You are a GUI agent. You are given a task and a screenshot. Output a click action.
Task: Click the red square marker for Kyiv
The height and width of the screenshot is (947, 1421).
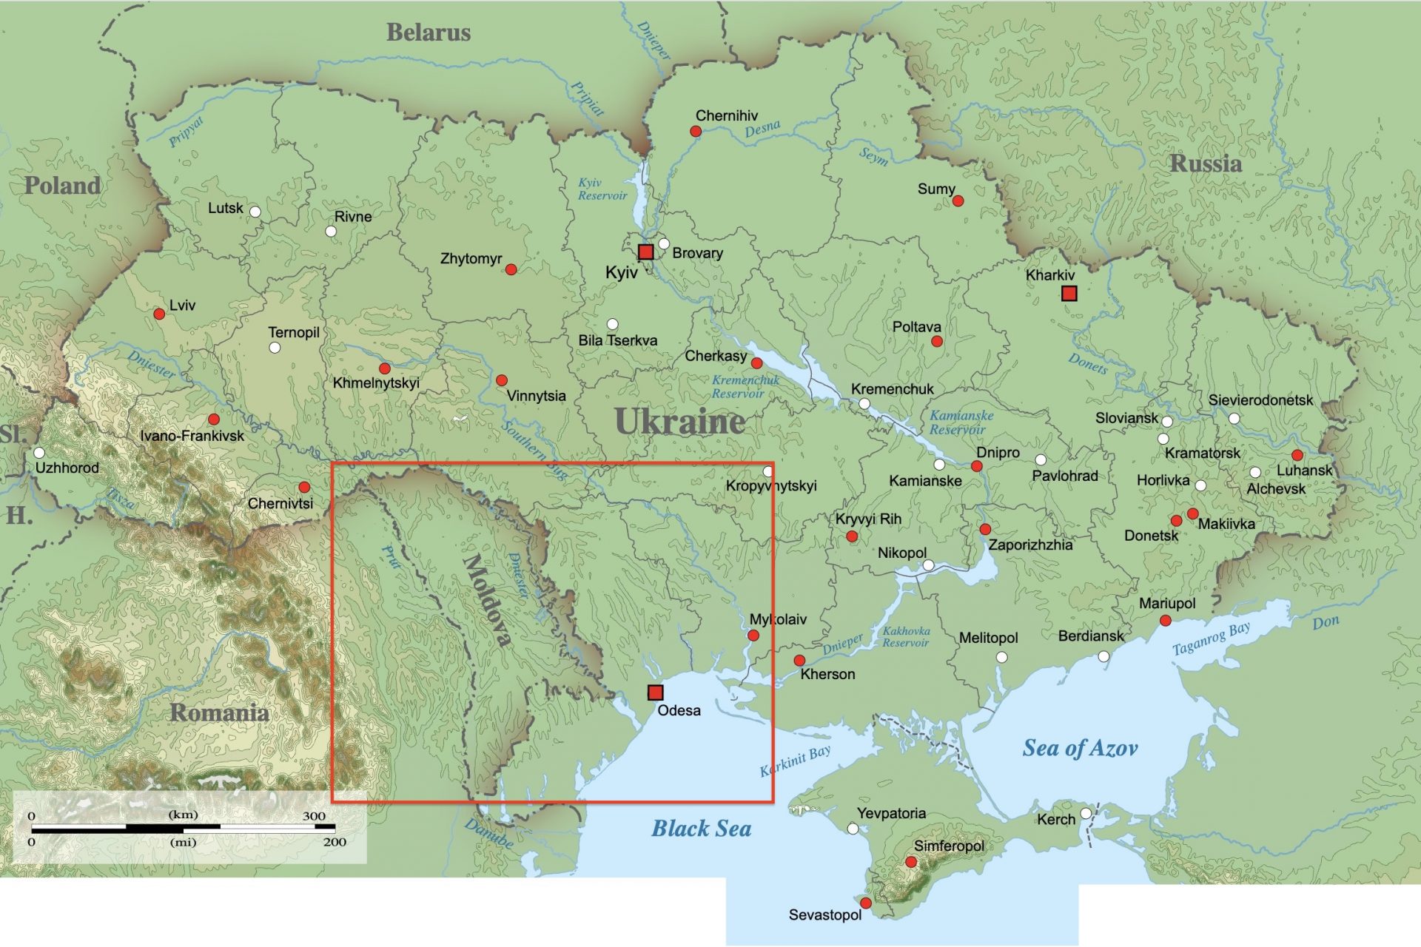click(x=645, y=252)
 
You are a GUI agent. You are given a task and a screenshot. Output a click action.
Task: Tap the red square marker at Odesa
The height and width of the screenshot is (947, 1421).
click(x=655, y=692)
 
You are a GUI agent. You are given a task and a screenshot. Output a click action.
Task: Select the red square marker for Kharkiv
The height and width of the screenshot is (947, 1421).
click(x=1069, y=294)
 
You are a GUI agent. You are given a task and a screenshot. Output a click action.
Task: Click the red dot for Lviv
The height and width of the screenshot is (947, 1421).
click(x=159, y=314)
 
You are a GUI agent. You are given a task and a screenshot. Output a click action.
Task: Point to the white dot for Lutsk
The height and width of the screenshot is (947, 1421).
click(x=255, y=212)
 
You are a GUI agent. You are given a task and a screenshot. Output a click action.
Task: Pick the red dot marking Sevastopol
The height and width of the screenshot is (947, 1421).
click(x=866, y=903)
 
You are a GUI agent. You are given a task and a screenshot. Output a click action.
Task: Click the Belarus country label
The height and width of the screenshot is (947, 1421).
click(x=428, y=33)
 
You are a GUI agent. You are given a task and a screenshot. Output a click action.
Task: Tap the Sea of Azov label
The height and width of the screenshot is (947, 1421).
click(x=1080, y=748)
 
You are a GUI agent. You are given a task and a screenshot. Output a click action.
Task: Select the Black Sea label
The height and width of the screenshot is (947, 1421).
click(x=701, y=829)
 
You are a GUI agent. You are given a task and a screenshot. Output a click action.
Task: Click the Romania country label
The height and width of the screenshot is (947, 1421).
click(x=219, y=712)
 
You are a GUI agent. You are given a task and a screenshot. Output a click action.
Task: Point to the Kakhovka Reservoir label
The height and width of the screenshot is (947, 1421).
click(x=906, y=637)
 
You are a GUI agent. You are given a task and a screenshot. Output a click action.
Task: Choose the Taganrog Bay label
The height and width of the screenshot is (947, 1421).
click(x=1211, y=638)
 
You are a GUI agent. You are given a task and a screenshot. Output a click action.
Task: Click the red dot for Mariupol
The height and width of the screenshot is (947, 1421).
click(x=1166, y=621)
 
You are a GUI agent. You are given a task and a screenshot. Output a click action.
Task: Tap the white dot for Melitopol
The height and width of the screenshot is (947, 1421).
click(x=1002, y=657)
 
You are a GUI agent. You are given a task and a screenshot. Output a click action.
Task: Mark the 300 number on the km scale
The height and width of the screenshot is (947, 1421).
click(x=314, y=816)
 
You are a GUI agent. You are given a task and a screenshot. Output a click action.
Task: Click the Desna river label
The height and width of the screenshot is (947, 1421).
click(x=762, y=129)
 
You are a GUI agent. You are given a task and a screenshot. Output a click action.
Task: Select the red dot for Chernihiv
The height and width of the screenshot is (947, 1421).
click(x=696, y=131)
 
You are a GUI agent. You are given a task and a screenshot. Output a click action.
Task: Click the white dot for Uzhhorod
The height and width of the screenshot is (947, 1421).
click(x=39, y=453)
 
